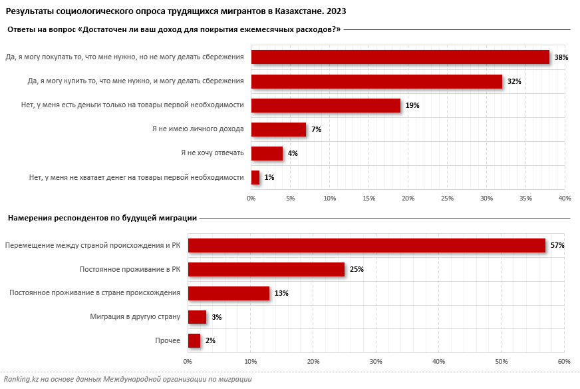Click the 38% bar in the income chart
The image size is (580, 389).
coord(400,57)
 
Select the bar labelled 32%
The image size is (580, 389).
coord(376,81)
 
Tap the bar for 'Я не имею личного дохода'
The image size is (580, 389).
coord(278,129)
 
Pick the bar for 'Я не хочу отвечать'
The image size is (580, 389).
coord(267,153)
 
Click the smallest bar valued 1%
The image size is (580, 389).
coord(255,177)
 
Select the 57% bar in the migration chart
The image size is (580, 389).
coord(366,245)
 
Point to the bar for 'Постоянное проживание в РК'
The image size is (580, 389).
coord(266,269)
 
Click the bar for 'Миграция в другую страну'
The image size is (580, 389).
coord(197,317)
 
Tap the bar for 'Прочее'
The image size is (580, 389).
coord(194,341)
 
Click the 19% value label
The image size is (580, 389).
coord(412,105)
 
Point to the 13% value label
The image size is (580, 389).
coord(282,293)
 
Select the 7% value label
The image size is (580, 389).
coord(316,129)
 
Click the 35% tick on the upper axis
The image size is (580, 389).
coord(525,198)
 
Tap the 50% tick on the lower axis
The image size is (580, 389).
coord(502,361)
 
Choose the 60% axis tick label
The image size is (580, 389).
coord(564,361)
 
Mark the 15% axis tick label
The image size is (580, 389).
coord(368,198)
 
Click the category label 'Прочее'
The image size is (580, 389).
coord(168,341)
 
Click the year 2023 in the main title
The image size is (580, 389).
coord(335,12)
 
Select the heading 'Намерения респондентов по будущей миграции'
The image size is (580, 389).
coord(102,218)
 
